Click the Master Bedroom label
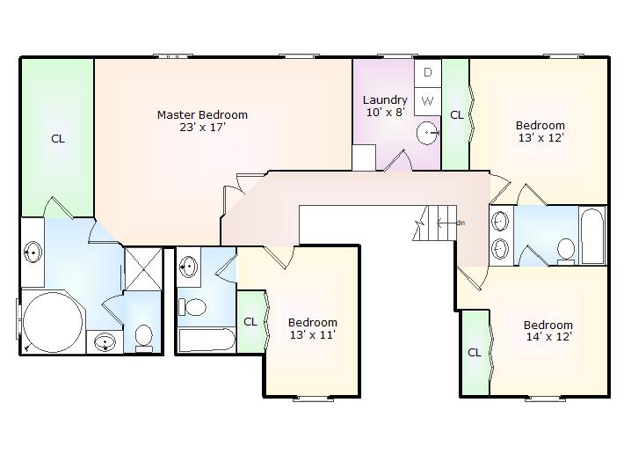point(202,114)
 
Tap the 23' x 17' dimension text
point(202,128)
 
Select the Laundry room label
point(385,100)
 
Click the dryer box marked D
point(428,73)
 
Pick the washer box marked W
point(428,100)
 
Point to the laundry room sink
point(427,132)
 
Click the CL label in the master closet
point(58,139)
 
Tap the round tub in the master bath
point(53,322)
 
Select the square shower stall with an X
point(143,268)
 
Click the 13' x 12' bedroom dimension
point(540,138)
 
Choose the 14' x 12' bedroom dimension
point(548,337)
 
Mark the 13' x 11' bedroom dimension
point(313,334)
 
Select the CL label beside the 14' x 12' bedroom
point(475,353)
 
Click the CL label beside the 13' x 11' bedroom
point(250,321)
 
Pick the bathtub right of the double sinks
point(592,237)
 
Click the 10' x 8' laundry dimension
point(385,113)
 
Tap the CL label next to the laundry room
point(457,115)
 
